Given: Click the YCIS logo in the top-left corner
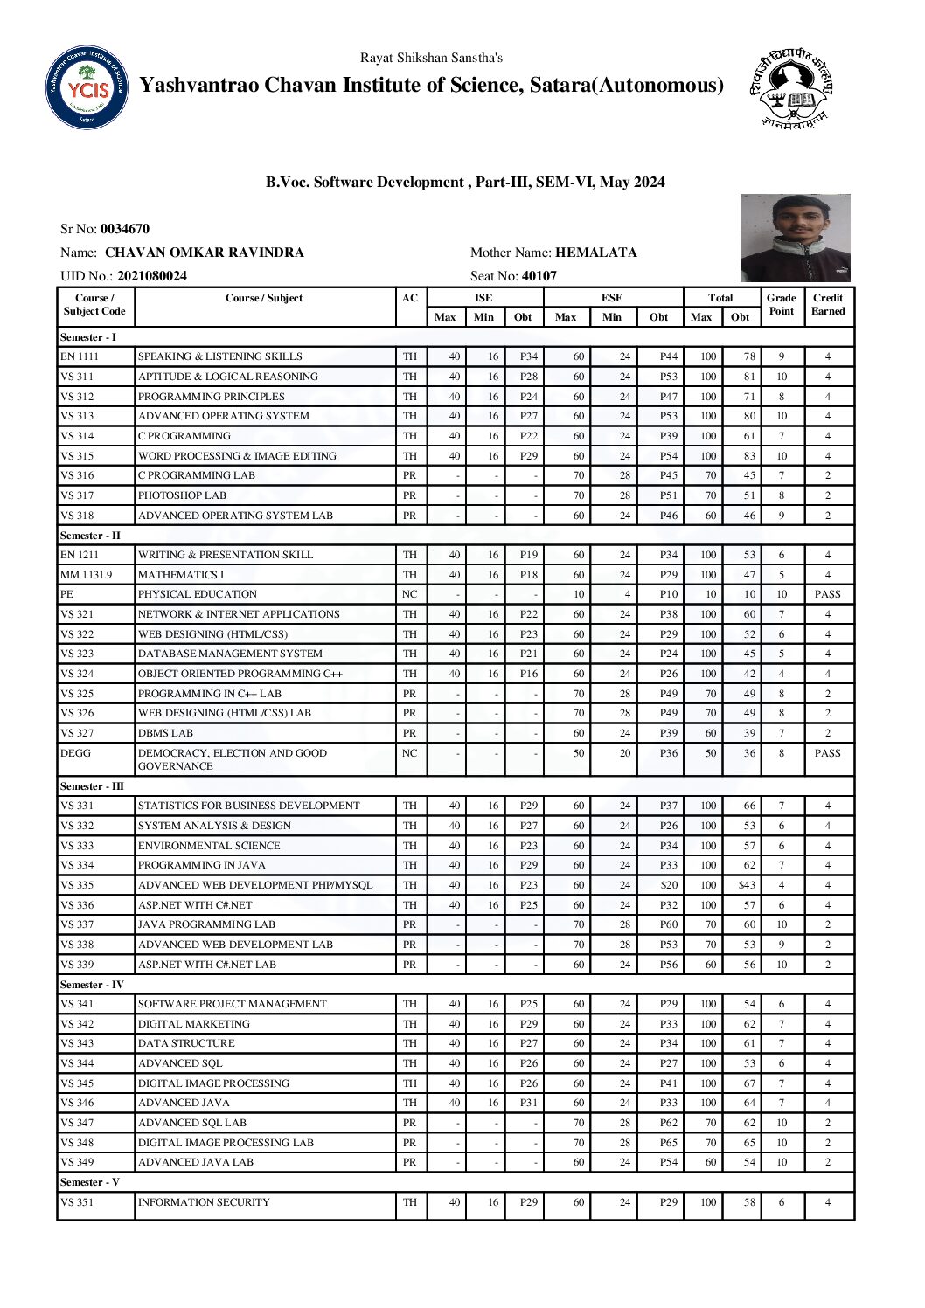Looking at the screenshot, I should point(87,88).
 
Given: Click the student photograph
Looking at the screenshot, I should point(795,238).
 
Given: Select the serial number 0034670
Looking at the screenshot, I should point(125,229).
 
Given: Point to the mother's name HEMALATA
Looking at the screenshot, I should point(596,253).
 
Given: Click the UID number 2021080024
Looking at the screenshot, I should point(152,276).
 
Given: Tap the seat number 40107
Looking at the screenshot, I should point(539,276).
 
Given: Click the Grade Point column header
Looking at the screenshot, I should point(781,304).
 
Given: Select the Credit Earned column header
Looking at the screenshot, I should point(828,304).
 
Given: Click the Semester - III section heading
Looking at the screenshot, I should point(92,786).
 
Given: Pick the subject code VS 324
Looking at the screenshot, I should point(77,674).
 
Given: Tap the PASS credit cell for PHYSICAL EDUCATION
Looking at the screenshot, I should point(827,594).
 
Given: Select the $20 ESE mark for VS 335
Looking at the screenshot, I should point(669,885).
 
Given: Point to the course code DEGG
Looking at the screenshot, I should point(75,753).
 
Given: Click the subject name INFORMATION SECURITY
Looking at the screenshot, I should point(204,1202).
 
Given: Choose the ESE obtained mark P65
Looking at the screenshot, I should point(669,1143).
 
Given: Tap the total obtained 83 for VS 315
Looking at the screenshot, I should point(749,456).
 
